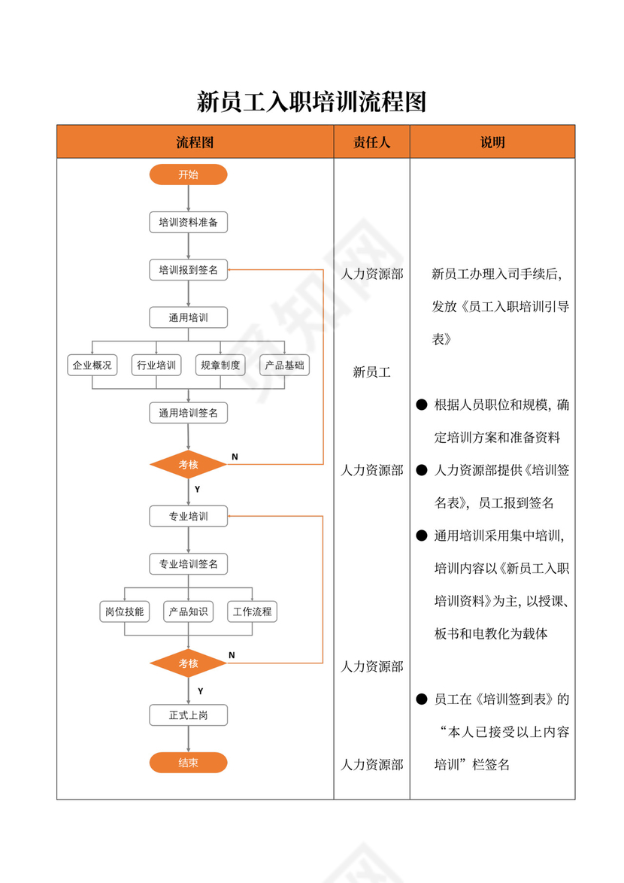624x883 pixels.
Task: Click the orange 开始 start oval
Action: pyautogui.click(x=188, y=174)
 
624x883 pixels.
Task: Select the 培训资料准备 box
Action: pyautogui.click(x=188, y=223)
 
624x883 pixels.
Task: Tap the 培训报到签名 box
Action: pyautogui.click(x=188, y=270)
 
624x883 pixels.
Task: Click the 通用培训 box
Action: pyautogui.click(x=188, y=317)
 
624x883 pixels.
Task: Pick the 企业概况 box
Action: pyautogui.click(x=92, y=366)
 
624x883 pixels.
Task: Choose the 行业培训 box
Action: pyautogui.click(x=156, y=366)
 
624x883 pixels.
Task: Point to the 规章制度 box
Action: pyautogui.click(x=220, y=366)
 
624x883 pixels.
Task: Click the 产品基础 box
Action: pyautogui.click(x=285, y=366)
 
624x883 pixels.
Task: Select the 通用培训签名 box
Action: pyautogui.click(x=188, y=413)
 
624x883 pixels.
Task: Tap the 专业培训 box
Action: pyautogui.click(x=188, y=517)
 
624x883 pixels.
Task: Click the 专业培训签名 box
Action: pyautogui.click(x=188, y=564)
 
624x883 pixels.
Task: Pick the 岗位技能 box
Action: pyautogui.click(x=124, y=611)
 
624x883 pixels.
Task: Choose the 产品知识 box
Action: pyautogui.click(x=188, y=611)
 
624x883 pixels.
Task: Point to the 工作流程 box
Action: pyautogui.click(x=252, y=611)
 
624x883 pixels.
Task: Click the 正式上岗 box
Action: pyautogui.click(x=188, y=715)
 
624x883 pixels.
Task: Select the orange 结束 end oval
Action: pyautogui.click(x=188, y=763)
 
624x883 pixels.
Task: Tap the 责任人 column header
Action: pyautogui.click(x=371, y=142)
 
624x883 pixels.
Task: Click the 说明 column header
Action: pyautogui.click(x=492, y=142)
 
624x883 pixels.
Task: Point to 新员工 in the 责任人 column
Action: pyautogui.click(x=371, y=372)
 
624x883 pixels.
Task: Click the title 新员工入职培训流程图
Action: pyautogui.click(x=311, y=101)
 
